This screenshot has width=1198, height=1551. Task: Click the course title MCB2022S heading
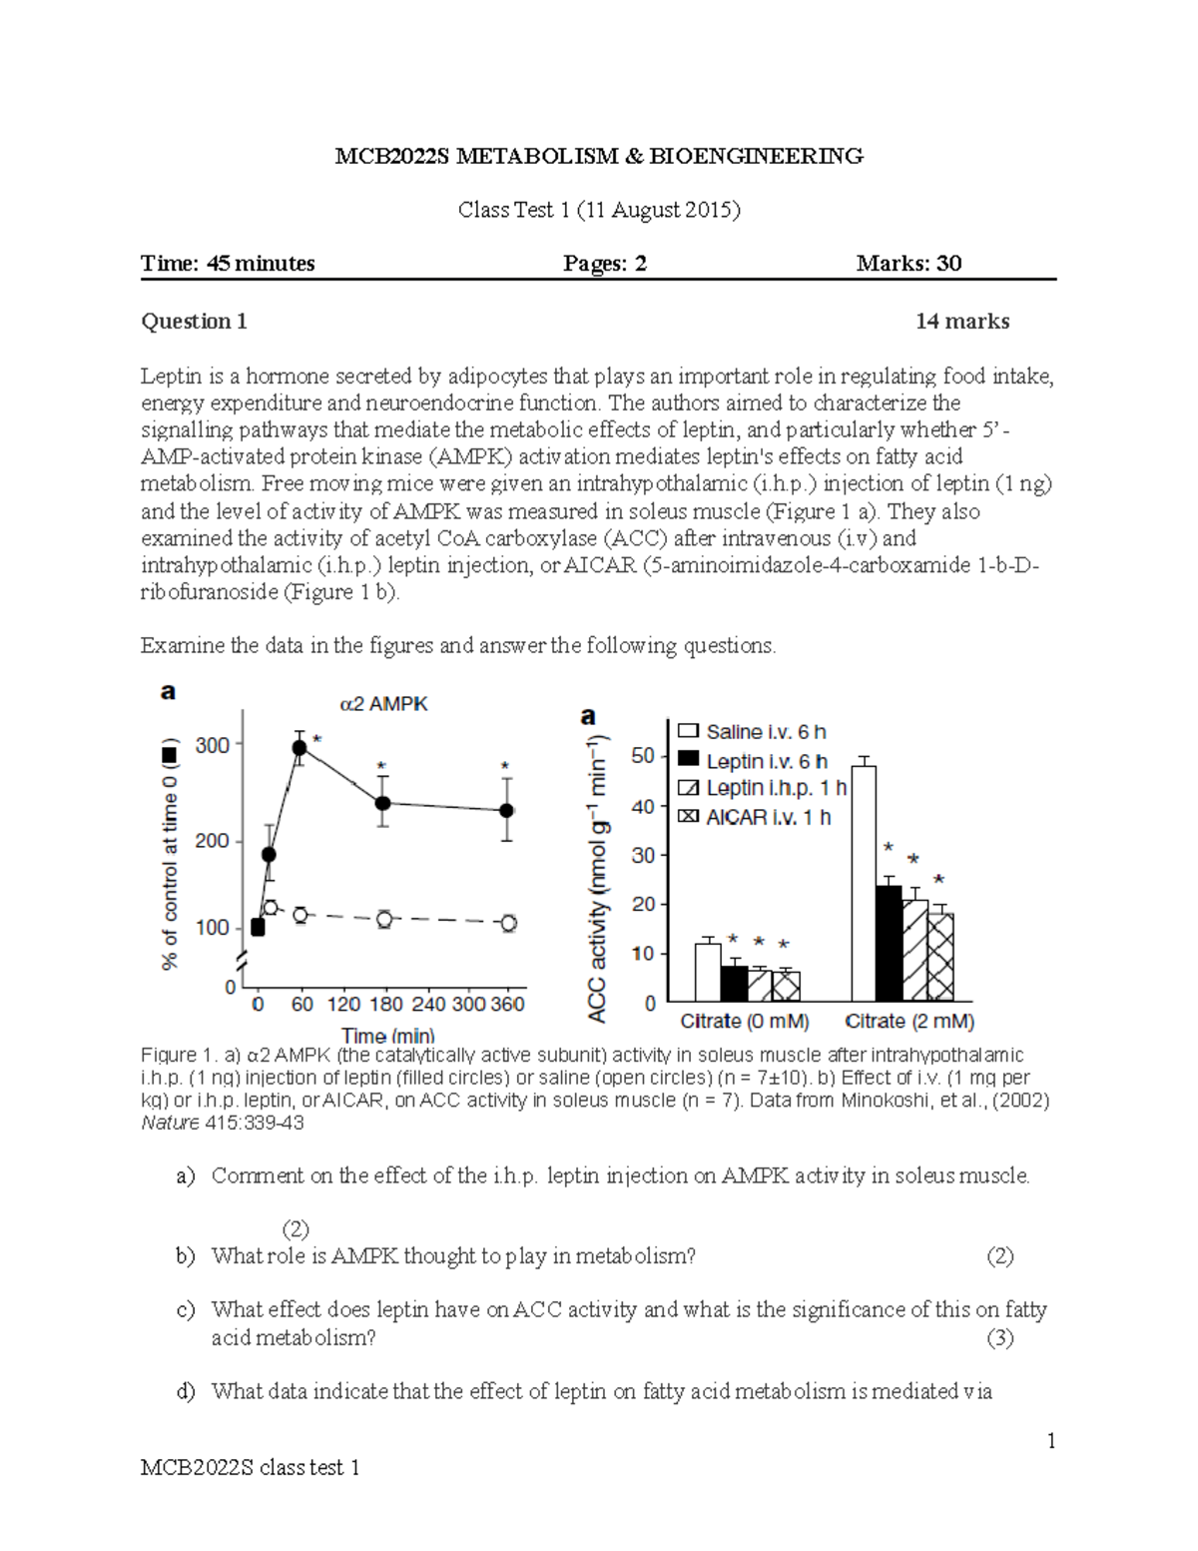599,156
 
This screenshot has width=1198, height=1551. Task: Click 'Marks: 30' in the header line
908,264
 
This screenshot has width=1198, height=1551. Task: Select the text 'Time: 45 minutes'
228,264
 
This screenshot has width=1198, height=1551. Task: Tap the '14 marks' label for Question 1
962,322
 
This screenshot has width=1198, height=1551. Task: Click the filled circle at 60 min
299,747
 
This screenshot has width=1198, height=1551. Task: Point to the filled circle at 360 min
507,810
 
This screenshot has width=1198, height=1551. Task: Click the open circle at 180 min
383,919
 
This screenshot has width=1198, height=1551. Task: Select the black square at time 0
258,928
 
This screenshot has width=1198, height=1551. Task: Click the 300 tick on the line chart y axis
213,745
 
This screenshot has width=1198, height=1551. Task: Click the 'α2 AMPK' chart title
383,704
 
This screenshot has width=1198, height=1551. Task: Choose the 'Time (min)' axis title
387,1036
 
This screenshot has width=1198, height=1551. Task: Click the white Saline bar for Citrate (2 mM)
864,884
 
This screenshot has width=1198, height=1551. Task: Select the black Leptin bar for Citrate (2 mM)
889,944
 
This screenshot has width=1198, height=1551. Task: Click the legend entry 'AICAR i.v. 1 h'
767,817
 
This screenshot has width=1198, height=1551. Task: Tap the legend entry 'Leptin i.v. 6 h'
765,761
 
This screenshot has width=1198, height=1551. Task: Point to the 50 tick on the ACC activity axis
643,756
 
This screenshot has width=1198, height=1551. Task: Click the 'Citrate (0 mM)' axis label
745,1022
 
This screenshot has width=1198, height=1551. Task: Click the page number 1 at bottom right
1051,1440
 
